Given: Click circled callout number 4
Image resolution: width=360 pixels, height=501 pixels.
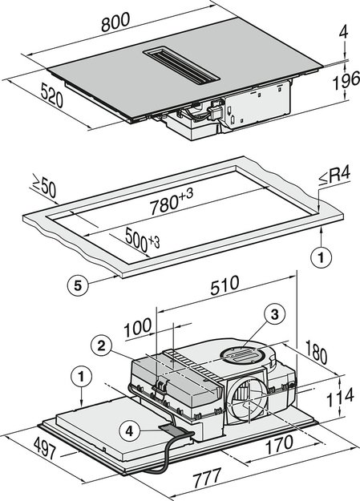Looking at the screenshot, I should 128,430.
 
